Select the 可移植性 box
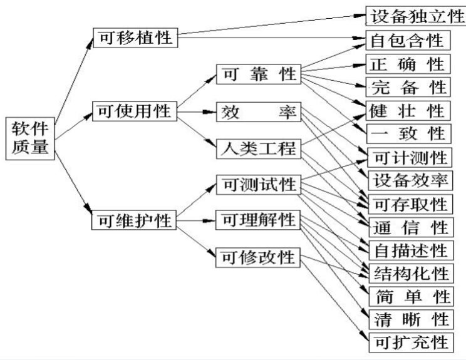point(135,38)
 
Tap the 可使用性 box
point(135,113)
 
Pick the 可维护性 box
point(135,221)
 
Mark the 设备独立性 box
point(415,16)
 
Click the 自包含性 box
point(408,41)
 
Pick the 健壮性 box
point(408,110)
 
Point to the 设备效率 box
point(408,180)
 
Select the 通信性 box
point(408,227)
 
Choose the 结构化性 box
point(408,273)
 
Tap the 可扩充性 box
point(408,342)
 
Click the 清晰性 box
point(408,319)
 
